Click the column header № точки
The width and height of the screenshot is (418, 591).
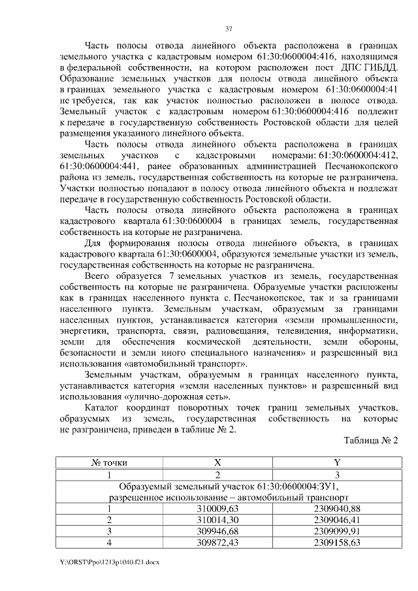tap(110, 462)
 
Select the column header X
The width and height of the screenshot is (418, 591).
tap(218, 462)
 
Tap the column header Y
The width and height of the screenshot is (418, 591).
tap(336, 462)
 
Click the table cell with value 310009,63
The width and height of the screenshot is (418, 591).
tap(218, 508)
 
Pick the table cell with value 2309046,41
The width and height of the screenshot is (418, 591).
tap(336, 519)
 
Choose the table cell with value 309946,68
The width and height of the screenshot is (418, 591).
tap(218, 530)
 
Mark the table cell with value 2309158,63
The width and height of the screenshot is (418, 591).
tap(336, 541)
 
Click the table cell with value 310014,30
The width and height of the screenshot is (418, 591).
tap(218, 519)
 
